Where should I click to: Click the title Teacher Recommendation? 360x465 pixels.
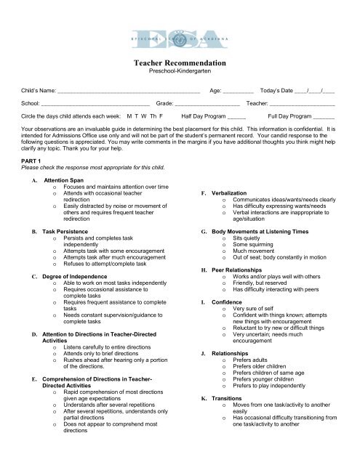tap(180, 64)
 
